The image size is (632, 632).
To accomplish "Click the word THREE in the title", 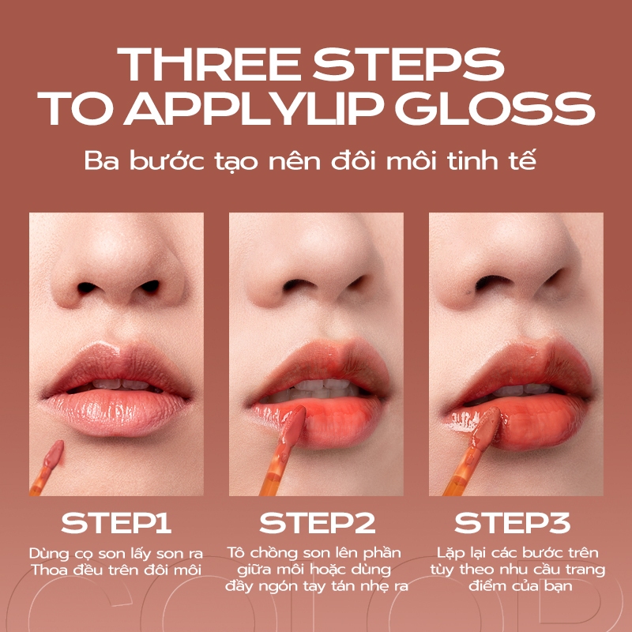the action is tap(208, 65).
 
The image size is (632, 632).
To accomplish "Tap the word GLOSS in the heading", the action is tap(495, 108).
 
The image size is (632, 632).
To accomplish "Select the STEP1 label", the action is tap(116, 523).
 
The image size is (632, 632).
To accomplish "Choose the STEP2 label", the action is tap(318, 523).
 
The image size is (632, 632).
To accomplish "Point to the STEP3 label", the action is tap(512, 523).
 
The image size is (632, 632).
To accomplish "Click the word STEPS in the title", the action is tap(409, 65).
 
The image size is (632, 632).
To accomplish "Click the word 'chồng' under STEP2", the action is tap(273, 554).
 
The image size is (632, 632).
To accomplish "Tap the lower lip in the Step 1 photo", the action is tap(116, 412).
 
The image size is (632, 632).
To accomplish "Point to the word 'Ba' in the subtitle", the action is tap(102, 161).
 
